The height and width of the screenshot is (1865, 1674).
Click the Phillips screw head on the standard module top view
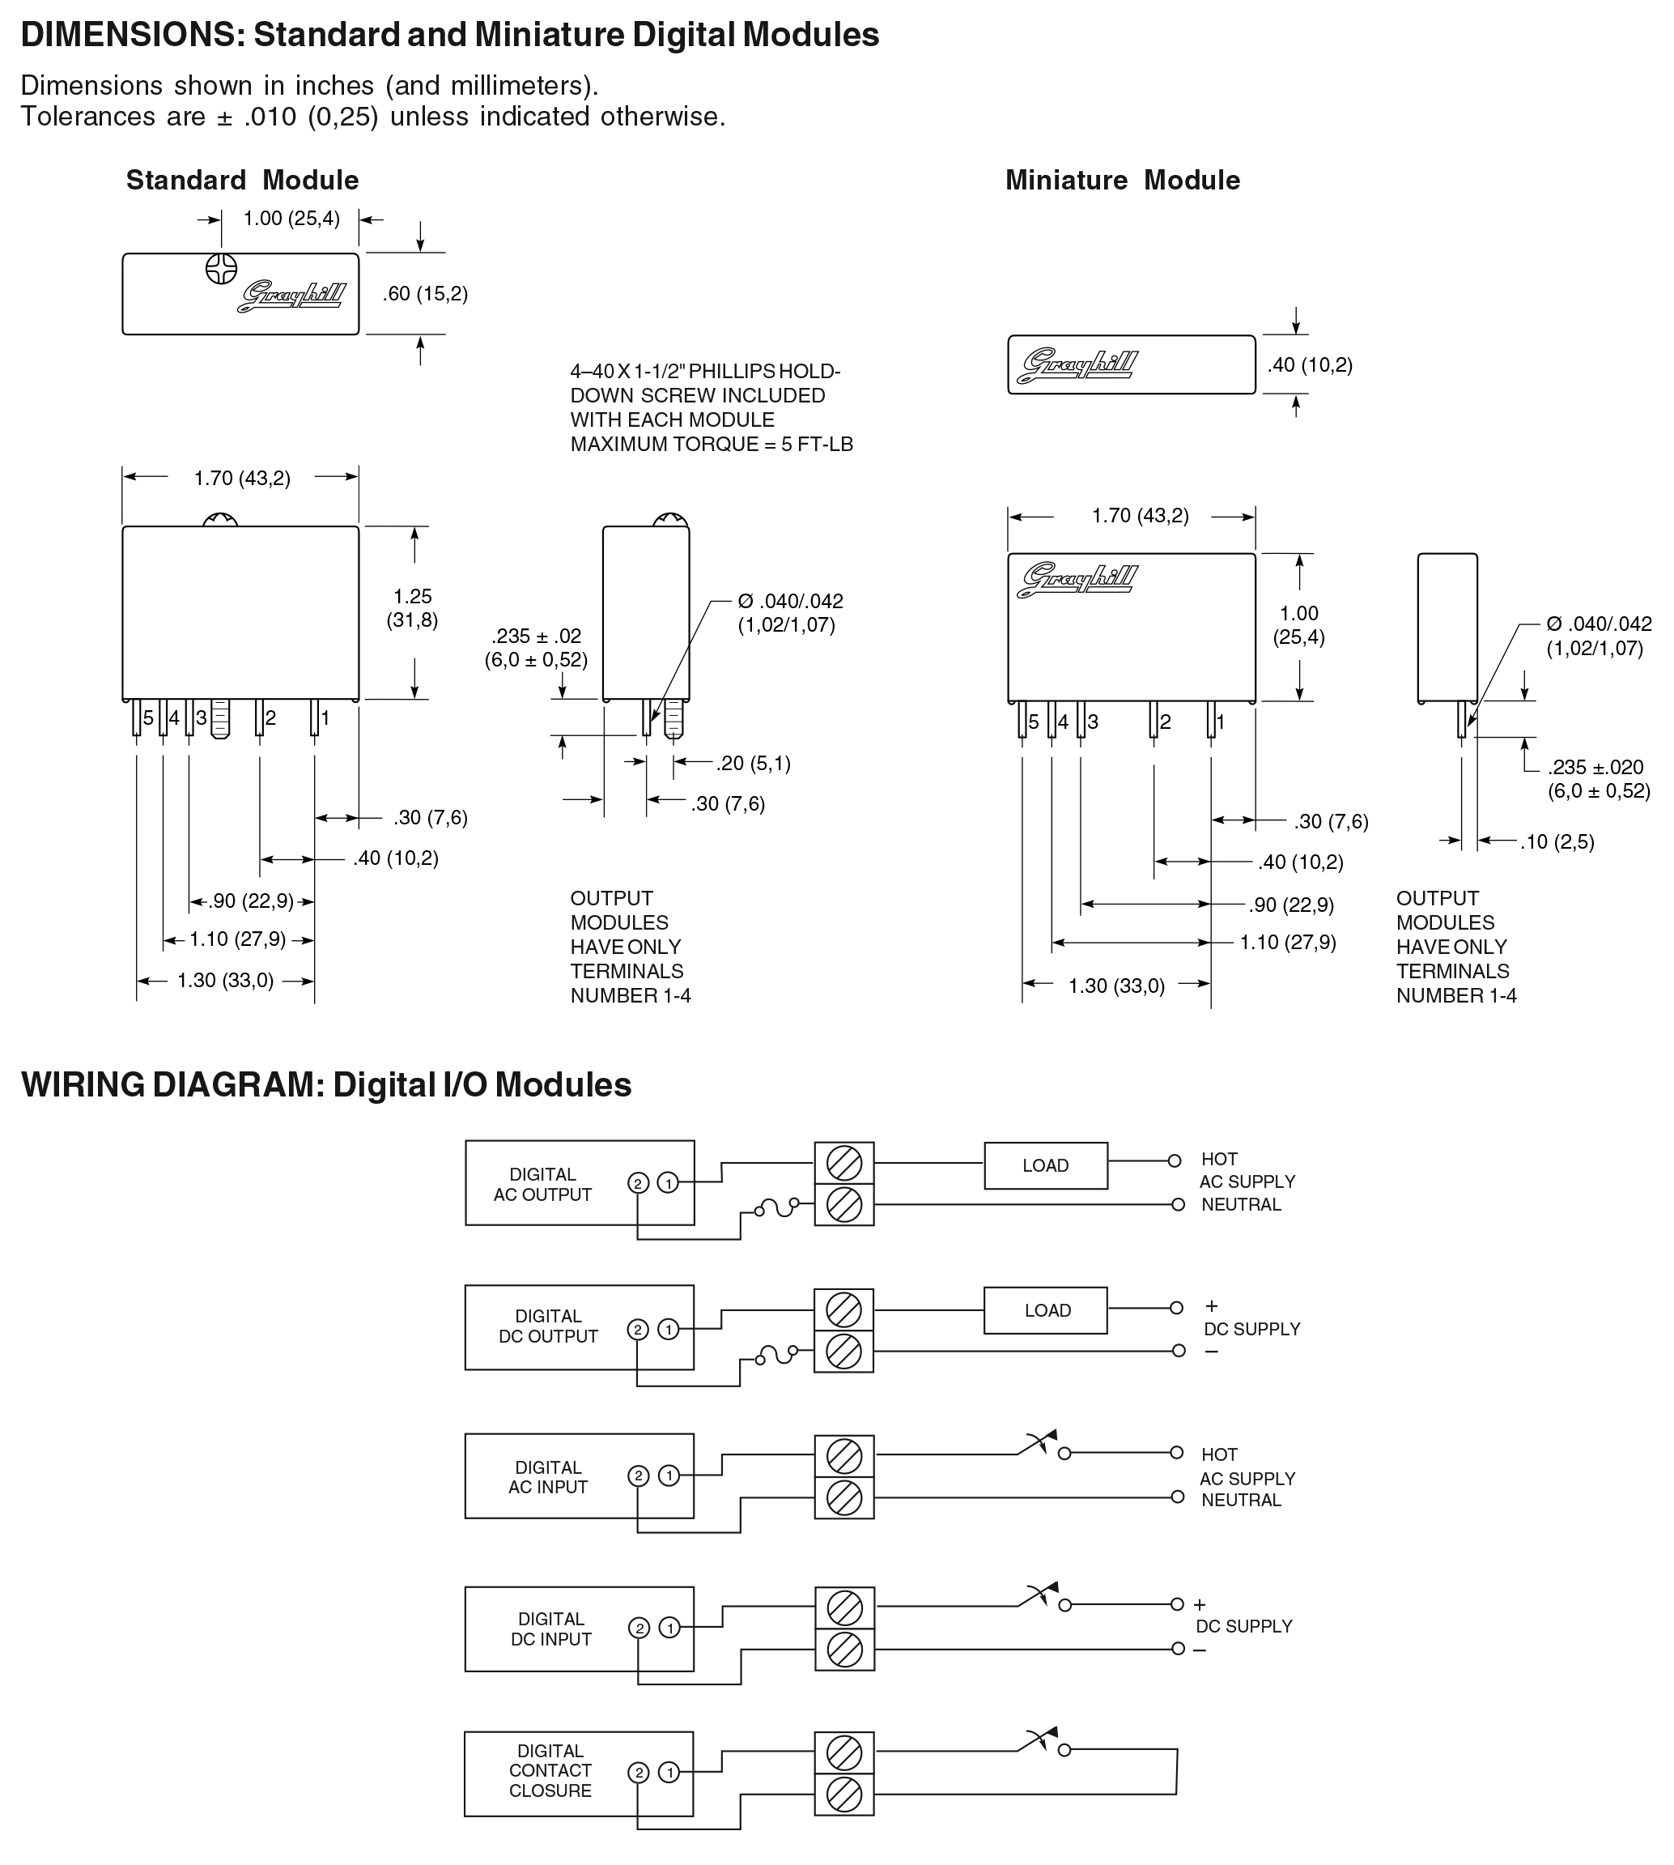pyautogui.click(x=221, y=269)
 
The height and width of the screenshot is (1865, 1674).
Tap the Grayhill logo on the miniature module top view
pyautogui.click(x=1079, y=365)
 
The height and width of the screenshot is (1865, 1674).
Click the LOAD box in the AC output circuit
pyautogui.click(x=1046, y=1166)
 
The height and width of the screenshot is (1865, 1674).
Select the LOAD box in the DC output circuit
pyautogui.click(x=1046, y=1310)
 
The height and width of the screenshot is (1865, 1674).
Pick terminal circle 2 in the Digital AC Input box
pyautogui.click(x=639, y=1477)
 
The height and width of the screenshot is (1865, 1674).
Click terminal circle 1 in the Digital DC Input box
pyautogui.click(x=669, y=1629)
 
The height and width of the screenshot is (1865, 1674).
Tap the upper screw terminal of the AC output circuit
pyautogui.click(x=844, y=1164)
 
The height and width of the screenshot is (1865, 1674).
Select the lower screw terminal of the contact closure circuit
pyautogui.click(x=844, y=1795)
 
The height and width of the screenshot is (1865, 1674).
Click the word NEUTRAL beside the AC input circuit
pyautogui.click(x=1241, y=1501)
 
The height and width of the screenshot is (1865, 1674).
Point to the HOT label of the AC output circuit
pyautogui.click(x=1220, y=1160)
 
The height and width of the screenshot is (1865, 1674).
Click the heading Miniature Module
pyautogui.click(x=1122, y=181)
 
